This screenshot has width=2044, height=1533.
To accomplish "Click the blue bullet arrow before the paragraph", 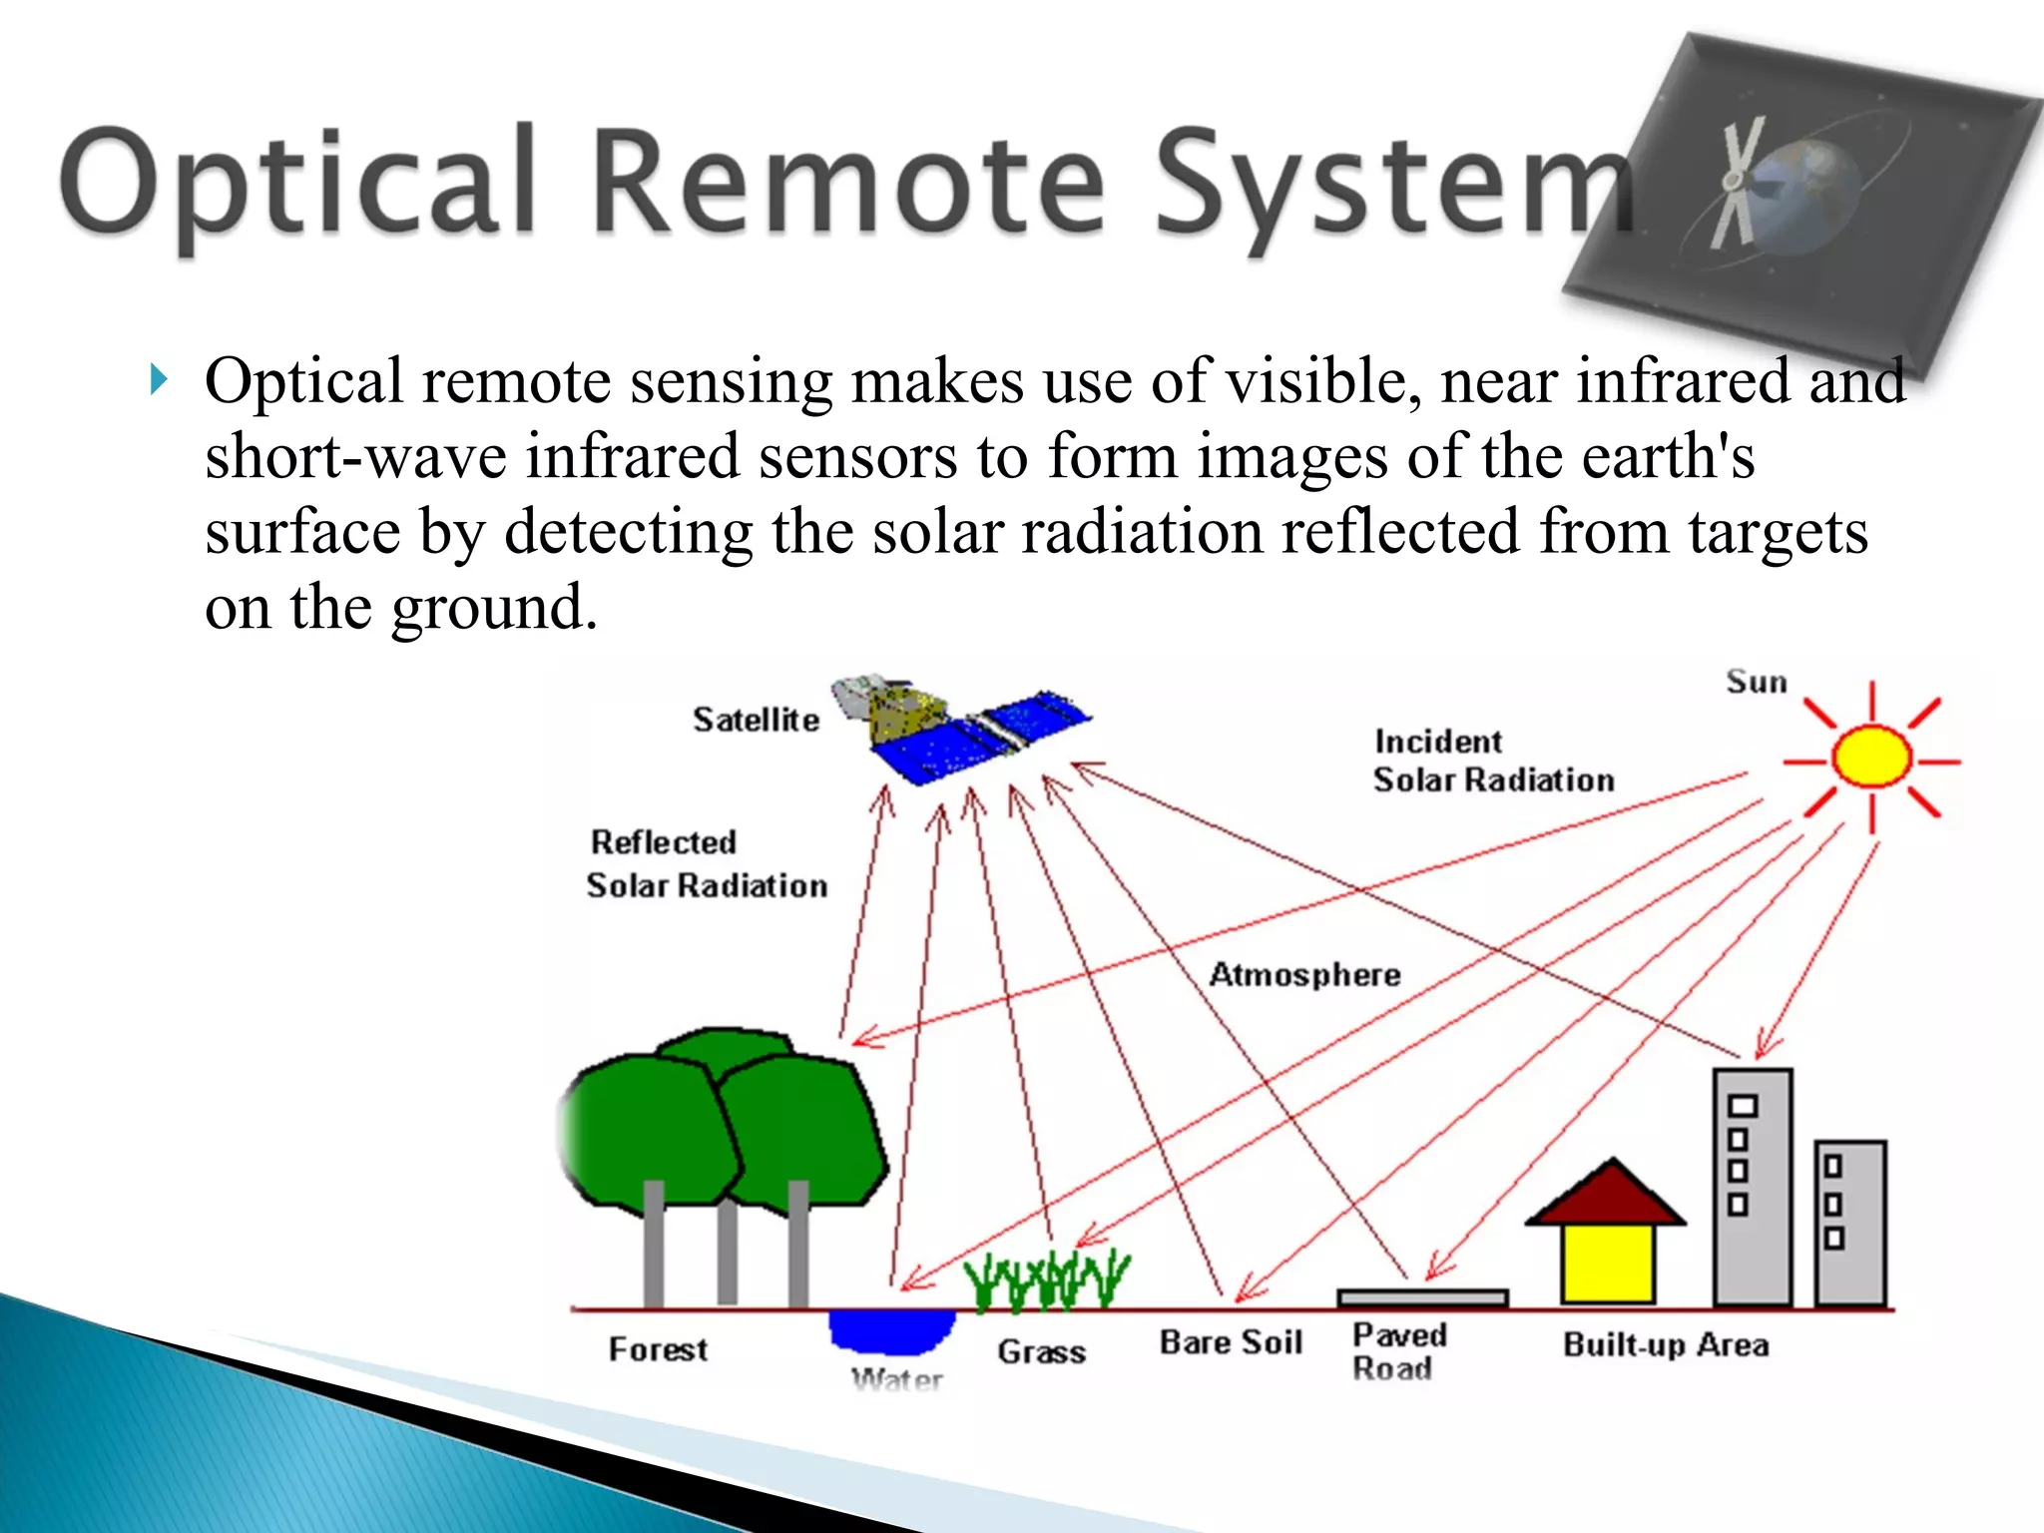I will pyautogui.click(x=158, y=380).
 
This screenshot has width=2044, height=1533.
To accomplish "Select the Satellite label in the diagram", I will pyautogui.click(x=756, y=720).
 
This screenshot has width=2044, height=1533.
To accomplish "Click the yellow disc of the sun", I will pyautogui.click(x=1871, y=758).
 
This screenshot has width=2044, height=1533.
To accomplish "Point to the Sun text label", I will pyautogui.click(x=1756, y=683).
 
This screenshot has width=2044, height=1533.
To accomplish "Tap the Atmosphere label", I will pyautogui.click(x=1304, y=974).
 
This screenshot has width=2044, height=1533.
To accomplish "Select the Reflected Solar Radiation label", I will pyautogui.click(x=706, y=864).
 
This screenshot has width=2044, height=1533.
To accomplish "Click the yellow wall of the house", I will pyautogui.click(x=1607, y=1263).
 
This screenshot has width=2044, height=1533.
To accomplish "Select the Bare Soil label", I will pyautogui.click(x=1231, y=1342).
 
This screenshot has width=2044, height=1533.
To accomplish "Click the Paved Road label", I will pyautogui.click(x=1398, y=1351).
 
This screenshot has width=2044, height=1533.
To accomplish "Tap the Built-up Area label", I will pyautogui.click(x=1666, y=1344).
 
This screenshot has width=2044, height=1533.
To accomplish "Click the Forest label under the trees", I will pyautogui.click(x=658, y=1349).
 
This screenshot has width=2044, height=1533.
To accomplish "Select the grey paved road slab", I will pyautogui.click(x=1421, y=1297).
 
